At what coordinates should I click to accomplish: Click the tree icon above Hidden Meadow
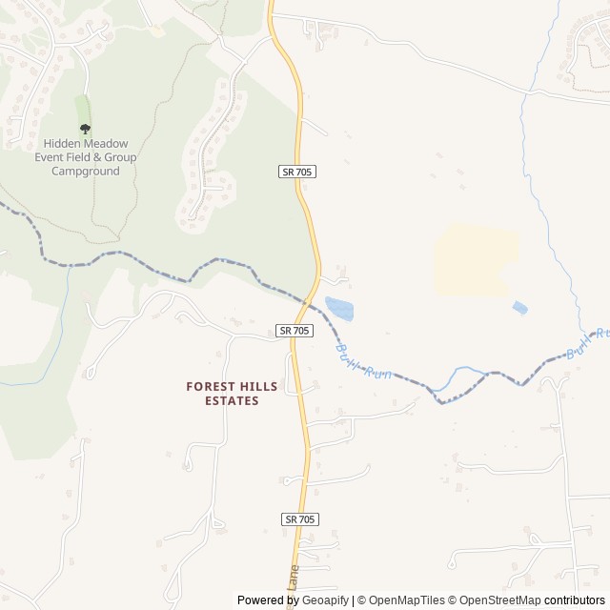(86, 129)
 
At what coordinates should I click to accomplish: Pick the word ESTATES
(232, 401)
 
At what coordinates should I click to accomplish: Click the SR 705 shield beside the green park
(298, 172)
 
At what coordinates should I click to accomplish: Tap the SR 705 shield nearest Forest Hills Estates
(295, 331)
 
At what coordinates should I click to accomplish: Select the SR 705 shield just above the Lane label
(300, 518)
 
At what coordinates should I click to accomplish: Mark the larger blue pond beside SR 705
(339, 308)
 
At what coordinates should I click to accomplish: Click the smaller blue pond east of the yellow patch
(519, 308)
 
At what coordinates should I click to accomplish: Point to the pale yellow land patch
(477, 259)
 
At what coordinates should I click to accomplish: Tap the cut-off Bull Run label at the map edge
(585, 344)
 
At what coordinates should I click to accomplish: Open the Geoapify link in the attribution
(325, 600)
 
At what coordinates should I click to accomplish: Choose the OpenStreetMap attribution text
(497, 600)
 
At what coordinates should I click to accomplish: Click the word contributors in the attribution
(575, 600)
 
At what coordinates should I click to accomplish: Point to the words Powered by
(268, 600)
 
